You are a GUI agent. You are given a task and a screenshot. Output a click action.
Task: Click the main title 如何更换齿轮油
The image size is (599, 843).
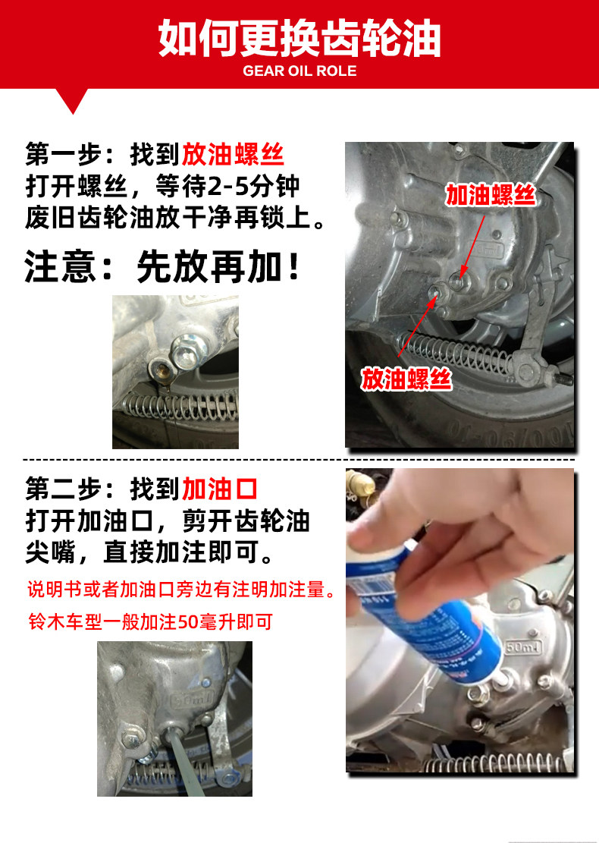click(299, 39)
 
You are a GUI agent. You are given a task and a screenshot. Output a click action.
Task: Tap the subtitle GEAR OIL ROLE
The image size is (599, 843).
click(299, 71)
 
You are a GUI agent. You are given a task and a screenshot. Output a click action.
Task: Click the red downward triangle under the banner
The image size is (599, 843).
click(73, 101)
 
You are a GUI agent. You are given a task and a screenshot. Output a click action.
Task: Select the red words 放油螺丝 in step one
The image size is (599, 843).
click(233, 155)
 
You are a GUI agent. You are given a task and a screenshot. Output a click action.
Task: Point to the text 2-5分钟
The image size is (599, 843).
click(253, 187)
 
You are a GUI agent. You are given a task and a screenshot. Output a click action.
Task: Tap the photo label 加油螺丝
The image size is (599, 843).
click(491, 194)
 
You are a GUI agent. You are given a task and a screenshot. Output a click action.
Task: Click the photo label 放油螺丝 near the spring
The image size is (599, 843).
click(406, 379)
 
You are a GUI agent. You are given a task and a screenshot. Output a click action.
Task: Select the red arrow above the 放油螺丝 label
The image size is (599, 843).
click(417, 326)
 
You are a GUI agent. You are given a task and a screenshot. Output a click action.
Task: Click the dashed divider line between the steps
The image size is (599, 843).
click(299, 460)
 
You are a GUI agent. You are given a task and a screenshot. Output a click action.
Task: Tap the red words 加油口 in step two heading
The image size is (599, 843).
click(220, 489)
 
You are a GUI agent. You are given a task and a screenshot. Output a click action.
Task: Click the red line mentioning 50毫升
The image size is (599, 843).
click(151, 622)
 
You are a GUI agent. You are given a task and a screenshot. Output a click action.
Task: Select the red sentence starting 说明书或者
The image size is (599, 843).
click(181, 590)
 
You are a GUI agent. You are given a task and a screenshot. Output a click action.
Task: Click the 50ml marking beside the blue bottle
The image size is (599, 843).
click(522, 647)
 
